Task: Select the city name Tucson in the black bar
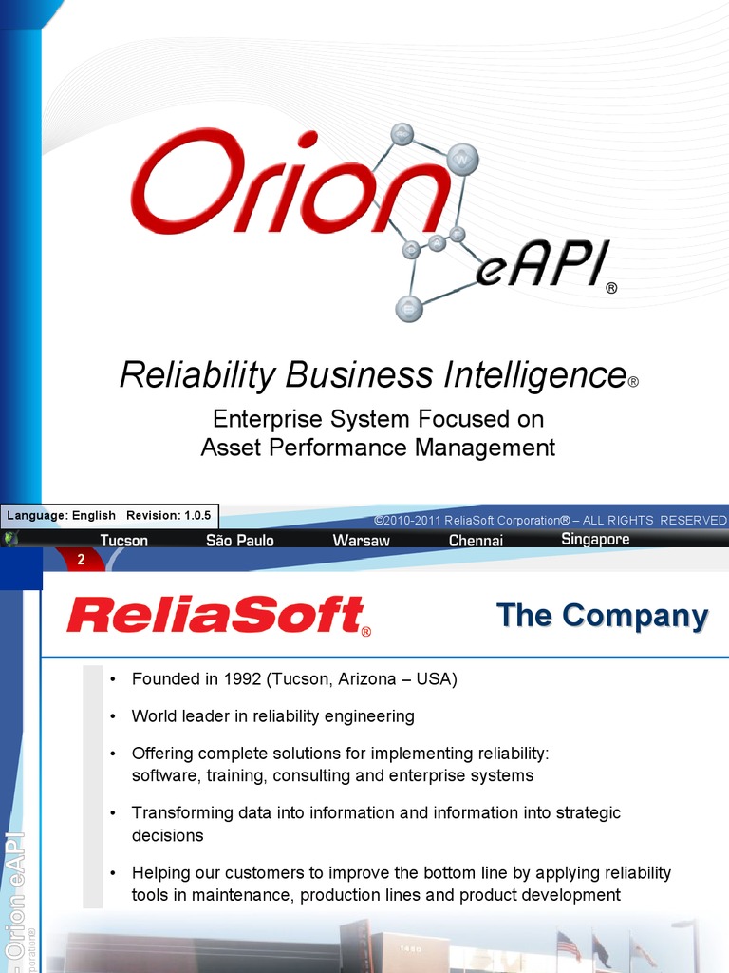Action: (x=124, y=540)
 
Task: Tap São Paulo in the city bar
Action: (x=239, y=540)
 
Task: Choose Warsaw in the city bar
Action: (x=361, y=540)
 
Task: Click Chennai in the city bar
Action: (x=476, y=540)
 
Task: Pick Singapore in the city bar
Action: (x=595, y=539)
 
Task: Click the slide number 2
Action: (x=81, y=561)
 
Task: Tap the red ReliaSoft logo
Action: (x=217, y=616)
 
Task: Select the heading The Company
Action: (x=602, y=616)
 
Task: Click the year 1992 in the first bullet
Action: (x=241, y=679)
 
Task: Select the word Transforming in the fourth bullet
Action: (x=178, y=812)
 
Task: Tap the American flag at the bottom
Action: (x=568, y=944)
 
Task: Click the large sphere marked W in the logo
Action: (x=462, y=159)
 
